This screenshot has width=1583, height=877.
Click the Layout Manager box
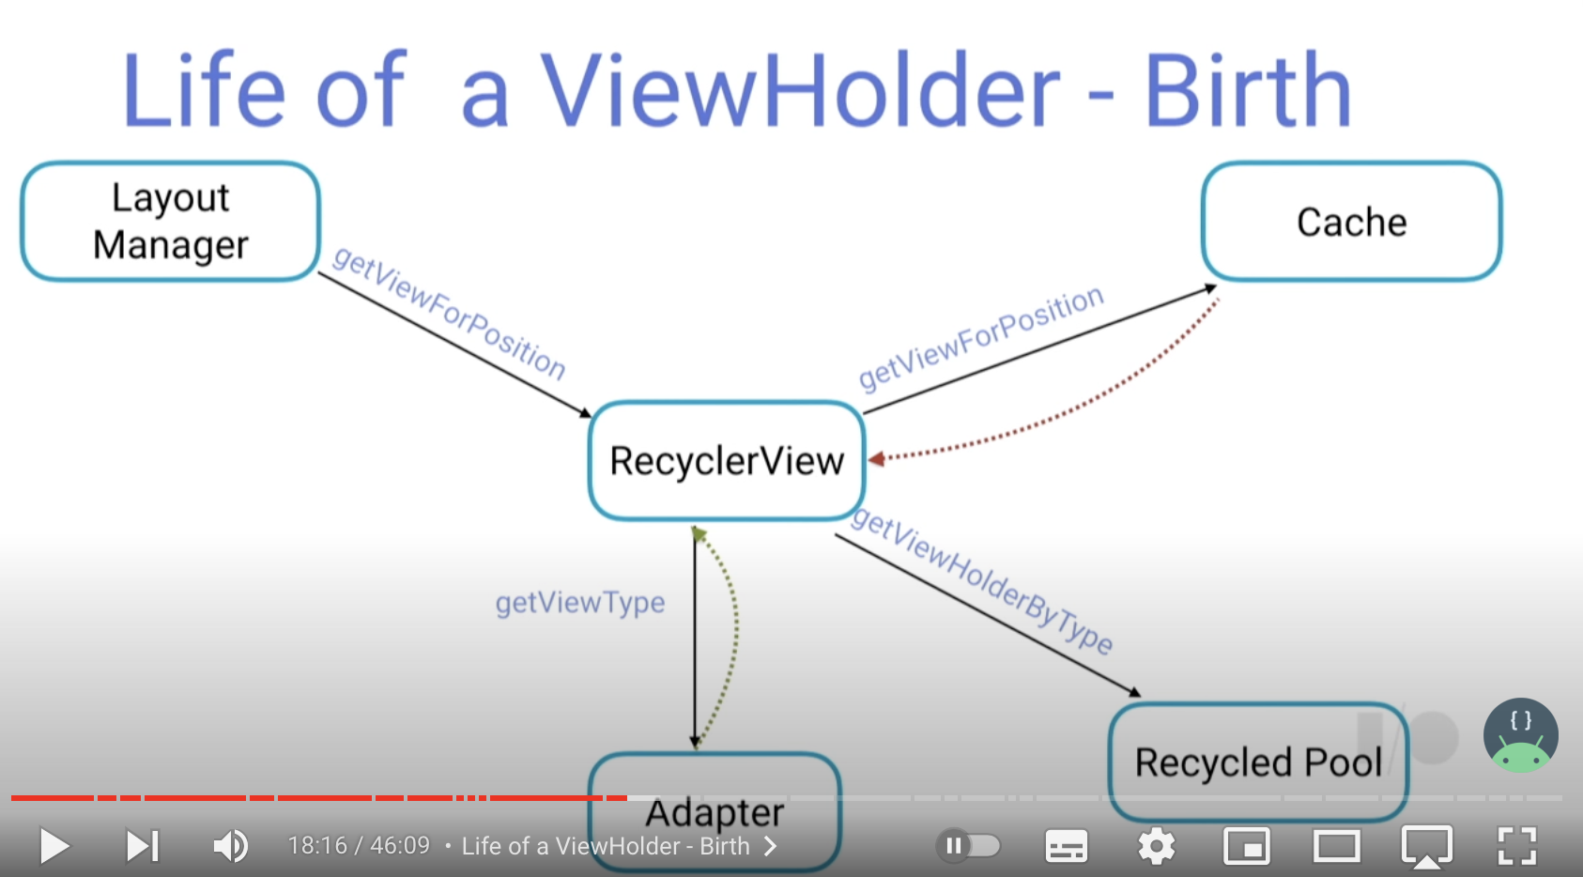click(x=170, y=222)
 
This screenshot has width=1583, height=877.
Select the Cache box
click(x=1351, y=222)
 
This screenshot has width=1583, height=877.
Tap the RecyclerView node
click(x=727, y=461)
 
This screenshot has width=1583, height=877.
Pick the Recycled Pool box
click(x=1258, y=762)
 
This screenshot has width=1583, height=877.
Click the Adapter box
click(x=715, y=811)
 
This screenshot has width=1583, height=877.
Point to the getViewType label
click(x=580, y=602)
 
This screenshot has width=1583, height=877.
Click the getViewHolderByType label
click(x=982, y=581)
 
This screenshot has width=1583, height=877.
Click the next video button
click(x=143, y=846)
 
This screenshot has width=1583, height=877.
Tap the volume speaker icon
click(x=230, y=846)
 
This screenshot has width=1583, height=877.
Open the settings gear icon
click(x=1156, y=846)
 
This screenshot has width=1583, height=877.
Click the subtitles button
click(x=1067, y=846)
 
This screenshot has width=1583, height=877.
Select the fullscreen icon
click(x=1516, y=846)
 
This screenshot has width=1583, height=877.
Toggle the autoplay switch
click(x=969, y=846)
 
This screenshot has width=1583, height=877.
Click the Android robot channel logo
click(x=1520, y=735)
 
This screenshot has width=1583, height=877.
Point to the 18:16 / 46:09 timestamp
click(x=358, y=846)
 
